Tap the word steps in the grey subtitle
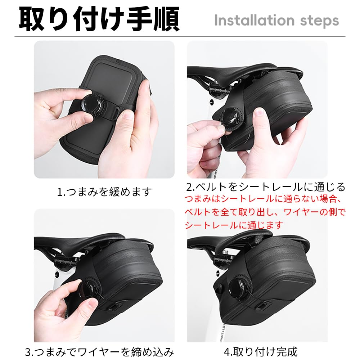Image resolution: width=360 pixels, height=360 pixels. pyautogui.click(x=318, y=21)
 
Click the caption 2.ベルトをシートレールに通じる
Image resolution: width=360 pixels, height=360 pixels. pyautogui.click(x=266, y=187)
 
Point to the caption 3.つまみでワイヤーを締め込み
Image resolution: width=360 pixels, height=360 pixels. pyautogui.click(x=100, y=351)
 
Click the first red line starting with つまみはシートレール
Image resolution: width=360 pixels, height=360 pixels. pyautogui.click(x=265, y=199)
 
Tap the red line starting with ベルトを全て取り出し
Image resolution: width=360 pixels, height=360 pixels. pyautogui.click(x=265, y=212)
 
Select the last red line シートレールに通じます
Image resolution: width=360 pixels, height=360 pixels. pyautogui.click(x=234, y=225)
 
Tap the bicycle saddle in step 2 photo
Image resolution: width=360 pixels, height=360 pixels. pyautogui.click(x=234, y=72)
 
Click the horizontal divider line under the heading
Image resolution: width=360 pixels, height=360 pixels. pyautogui.click(x=180, y=37)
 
